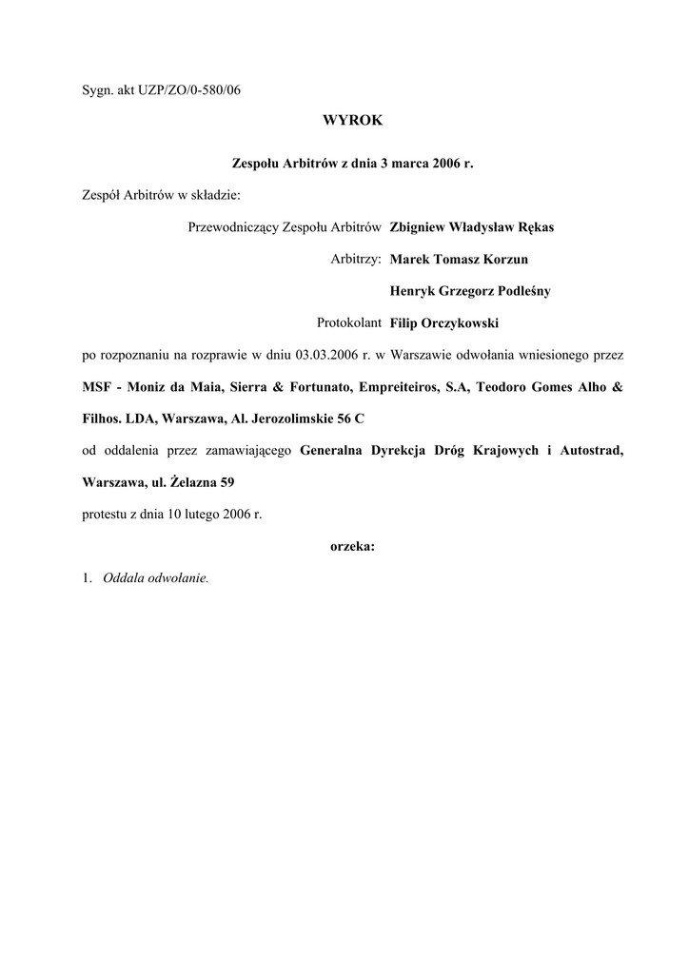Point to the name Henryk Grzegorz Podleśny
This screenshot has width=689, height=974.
click(470, 291)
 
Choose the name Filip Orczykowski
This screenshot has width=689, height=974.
click(444, 323)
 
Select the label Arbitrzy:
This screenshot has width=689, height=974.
click(356, 259)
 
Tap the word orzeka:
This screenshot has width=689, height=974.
click(352, 546)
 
